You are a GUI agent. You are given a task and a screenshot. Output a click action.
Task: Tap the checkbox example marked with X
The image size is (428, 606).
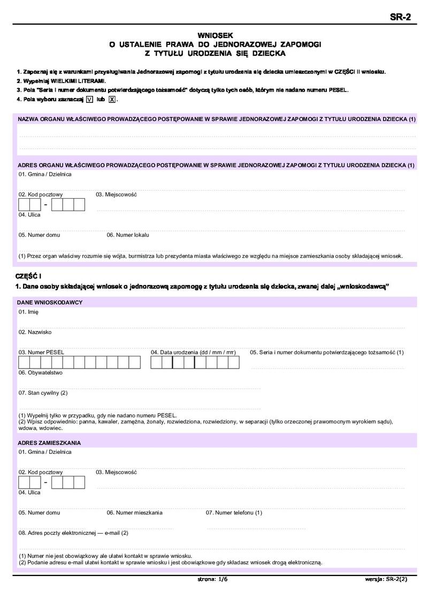click(x=112, y=99)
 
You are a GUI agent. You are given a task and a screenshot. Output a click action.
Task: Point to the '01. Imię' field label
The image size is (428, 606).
click(x=28, y=312)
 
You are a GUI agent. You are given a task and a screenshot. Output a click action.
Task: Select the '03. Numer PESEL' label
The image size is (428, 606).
click(x=41, y=353)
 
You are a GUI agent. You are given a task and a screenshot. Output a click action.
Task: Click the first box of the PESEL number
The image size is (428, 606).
click(x=24, y=363)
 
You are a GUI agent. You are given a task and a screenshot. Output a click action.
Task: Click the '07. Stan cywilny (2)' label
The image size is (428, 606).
click(x=43, y=393)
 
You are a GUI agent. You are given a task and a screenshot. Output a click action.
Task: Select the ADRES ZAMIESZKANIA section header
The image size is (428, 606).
click(x=49, y=443)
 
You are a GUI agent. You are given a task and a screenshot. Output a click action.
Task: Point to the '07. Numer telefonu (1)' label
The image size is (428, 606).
click(x=234, y=513)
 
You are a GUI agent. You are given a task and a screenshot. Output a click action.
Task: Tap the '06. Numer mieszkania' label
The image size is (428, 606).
click(x=134, y=513)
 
